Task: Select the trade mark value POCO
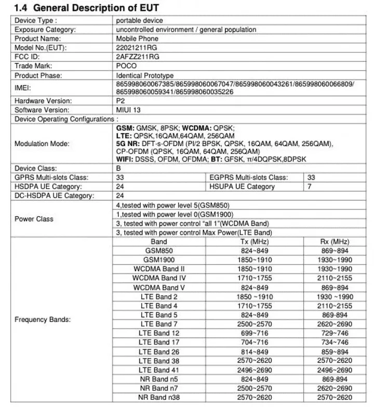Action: point(127,66)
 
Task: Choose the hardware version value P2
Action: point(121,101)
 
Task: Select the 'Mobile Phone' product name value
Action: point(138,39)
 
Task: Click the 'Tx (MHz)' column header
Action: point(251,242)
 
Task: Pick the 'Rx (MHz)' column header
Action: point(335,242)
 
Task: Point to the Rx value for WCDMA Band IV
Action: point(335,278)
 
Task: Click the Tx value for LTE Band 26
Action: point(251,352)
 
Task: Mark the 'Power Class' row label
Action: point(34,219)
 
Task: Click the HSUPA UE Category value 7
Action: point(310,186)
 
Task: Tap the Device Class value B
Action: point(119,168)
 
